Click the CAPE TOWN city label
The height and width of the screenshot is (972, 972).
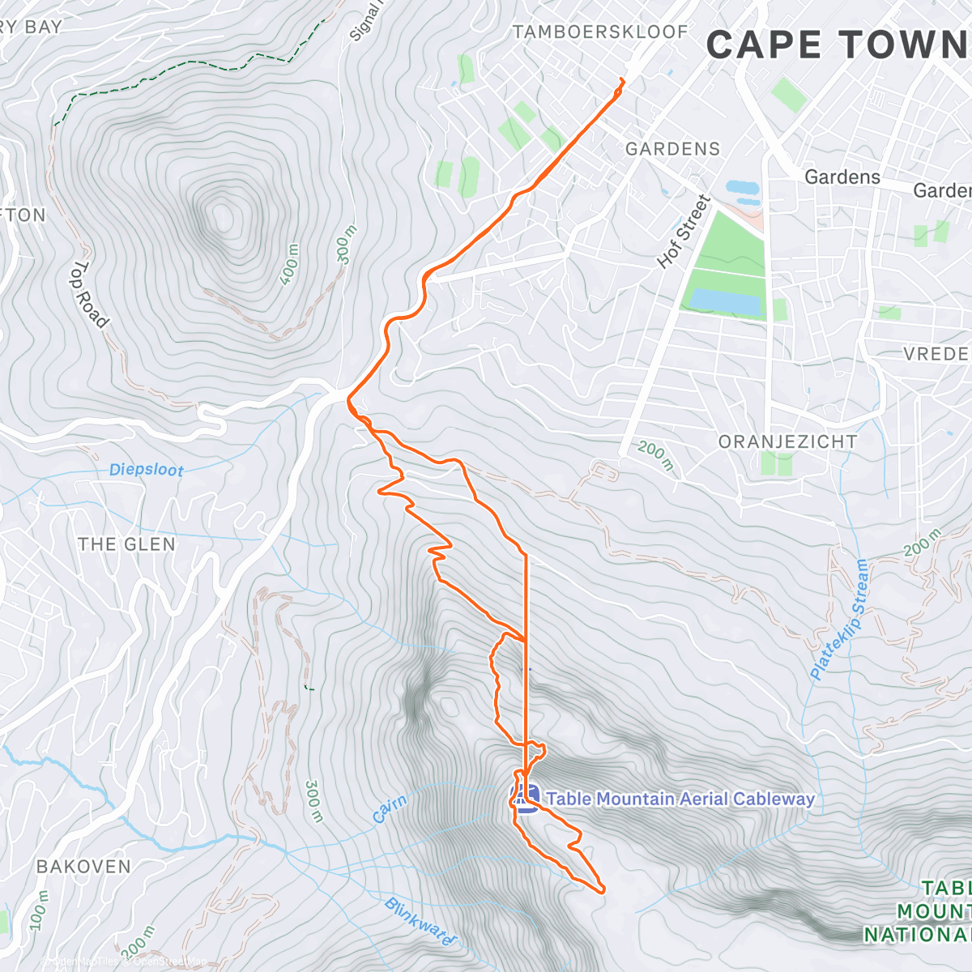pos(838,45)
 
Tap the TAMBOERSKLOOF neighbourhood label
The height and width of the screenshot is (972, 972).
pos(600,32)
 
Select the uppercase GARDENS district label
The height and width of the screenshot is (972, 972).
pos(672,149)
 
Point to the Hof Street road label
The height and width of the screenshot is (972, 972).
pos(684,232)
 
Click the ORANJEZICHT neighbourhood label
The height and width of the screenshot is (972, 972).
pos(787,442)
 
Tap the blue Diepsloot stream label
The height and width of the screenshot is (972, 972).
pos(146,470)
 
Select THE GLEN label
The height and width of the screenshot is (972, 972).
pos(126,544)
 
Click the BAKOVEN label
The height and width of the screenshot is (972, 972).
pos(83,867)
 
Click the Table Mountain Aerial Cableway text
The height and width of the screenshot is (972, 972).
pos(680,799)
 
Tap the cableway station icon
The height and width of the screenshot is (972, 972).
pos(526,799)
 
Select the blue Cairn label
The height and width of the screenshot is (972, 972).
pos(390,808)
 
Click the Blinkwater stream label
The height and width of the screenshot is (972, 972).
pos(420,923)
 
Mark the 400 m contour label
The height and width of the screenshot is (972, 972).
pos(290,264)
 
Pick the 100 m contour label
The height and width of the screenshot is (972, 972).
pos(39,911)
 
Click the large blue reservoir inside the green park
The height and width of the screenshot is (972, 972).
pos(724,301)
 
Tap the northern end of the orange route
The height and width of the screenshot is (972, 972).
pos(622,79)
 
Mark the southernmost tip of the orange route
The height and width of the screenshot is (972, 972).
pos(603,891)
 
